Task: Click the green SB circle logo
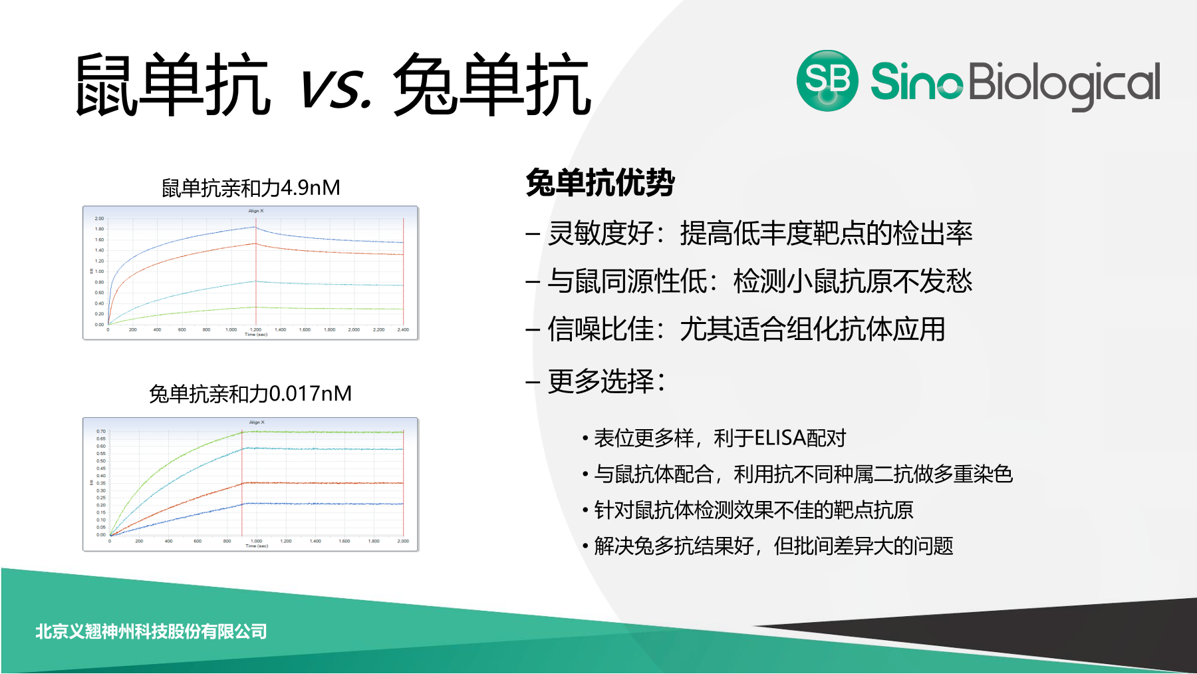pyautogui.click(x=827, y=81)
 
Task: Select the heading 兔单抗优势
pyautogui.click(x=600, y=183)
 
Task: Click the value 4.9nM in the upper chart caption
pyautogui.click(x=310, y=188)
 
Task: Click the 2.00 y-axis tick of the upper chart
pyautogui.click(x=99, y=218)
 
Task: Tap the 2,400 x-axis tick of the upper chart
pyautogui.click(x=403, y=330)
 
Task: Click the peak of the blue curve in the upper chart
pyautogui.click(x=255, y=227)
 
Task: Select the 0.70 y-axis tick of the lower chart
pyautogui.click(x=100, y=431)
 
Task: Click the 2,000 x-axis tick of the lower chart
pyautogui.click(x=403, y=542)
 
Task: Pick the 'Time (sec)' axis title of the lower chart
pyautogui.click(x=257, y=546)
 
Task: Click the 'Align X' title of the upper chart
pyautogui.click(x=256, y=211)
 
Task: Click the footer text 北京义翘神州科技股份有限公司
pyautogui.click(x=151, y=631)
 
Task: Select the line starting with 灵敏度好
pyautogui.click(x=759, y=234)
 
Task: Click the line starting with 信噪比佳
pyautogui.click(x=745, y=329)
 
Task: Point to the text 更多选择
pyautogui.click(x=605, y=381)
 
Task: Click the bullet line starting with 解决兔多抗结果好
pyautogui.click(x=773, y=546)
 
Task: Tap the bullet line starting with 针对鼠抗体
pyautogui.click(x=753, y=510)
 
